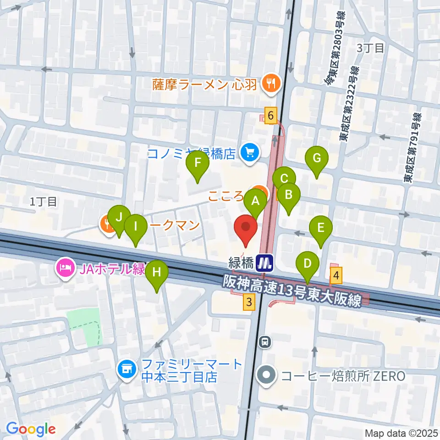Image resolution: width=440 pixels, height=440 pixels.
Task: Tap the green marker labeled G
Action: tap(316, 159)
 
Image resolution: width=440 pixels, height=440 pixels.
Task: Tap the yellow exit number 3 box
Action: tap(249, 302)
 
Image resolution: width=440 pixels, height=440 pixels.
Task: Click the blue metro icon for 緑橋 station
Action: tap(265, 263)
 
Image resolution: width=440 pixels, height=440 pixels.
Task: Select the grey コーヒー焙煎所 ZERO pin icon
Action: tap(267, 376)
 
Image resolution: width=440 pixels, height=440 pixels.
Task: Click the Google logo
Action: tap(31, 429)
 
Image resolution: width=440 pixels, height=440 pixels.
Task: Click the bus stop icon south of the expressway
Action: tap(264, 341)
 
